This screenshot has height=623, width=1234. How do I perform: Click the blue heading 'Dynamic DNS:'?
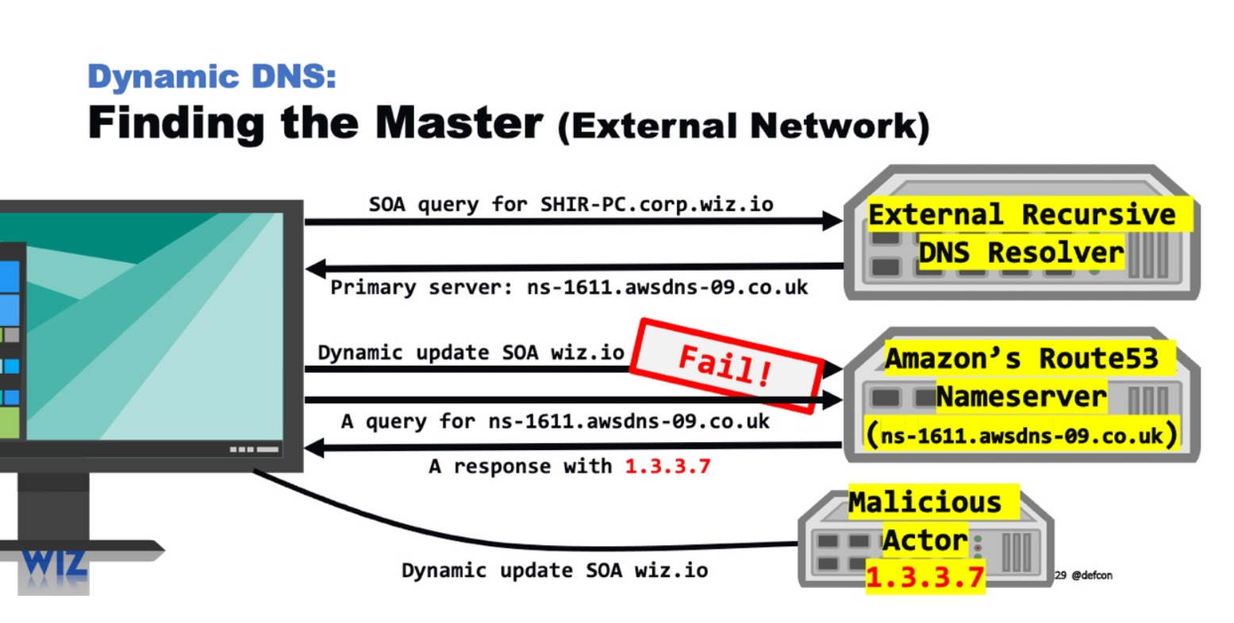[212, 77]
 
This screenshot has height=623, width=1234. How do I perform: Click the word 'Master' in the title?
[459, 123]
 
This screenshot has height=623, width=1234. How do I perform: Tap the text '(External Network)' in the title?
[744, 126]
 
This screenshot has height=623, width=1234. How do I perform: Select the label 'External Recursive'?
[1021, 214]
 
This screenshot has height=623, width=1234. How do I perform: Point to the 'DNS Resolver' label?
[1021, 252]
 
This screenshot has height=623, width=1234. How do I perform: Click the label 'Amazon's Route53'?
[1021, 359]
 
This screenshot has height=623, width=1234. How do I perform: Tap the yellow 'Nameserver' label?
[1021, 396]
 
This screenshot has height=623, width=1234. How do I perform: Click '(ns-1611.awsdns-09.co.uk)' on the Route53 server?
[1021, 435]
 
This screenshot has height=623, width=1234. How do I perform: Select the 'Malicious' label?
[925, 502]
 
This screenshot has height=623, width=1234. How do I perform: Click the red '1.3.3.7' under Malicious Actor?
[925, 577]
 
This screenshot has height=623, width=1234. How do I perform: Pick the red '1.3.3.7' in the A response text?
[667, 466]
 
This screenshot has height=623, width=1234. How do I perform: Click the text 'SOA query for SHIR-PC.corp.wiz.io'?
[571, 204]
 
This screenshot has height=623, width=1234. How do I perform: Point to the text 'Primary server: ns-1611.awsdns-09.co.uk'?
[569, 287]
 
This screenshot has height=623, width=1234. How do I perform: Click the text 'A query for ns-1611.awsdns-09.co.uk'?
[555, 421]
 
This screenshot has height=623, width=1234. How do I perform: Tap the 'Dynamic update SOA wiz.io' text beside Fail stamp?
[471, 352]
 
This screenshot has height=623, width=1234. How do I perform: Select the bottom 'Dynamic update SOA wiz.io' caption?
[554, 570]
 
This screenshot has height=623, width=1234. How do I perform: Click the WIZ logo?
[53, 564]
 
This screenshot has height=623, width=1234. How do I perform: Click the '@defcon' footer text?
[1092, 575]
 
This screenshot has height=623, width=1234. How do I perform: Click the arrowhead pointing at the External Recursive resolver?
[833, 221]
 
